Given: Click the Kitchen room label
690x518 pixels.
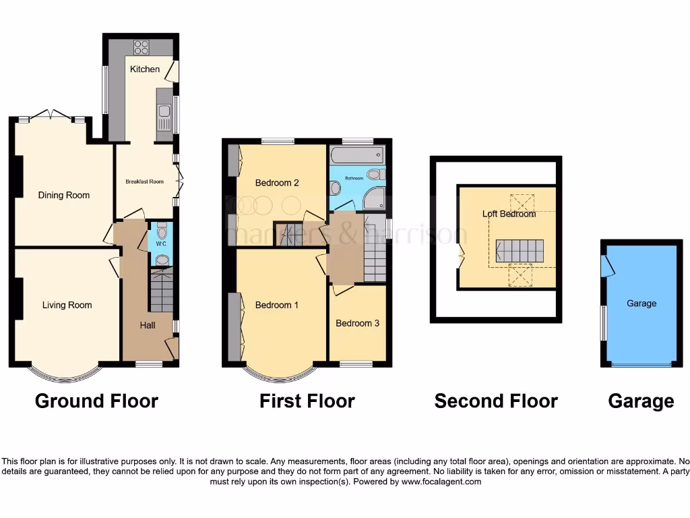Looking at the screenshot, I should click(x=145, y=69).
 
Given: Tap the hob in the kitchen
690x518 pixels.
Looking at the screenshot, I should click(x=142, y=47).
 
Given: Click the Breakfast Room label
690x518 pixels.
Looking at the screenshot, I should click(x=145, y=181).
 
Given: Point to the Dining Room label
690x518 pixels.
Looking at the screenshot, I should click(x=64, y=196).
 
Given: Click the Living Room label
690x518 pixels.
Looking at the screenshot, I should click(x=67, y=306).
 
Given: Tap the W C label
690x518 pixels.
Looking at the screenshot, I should click(x=160, y=243).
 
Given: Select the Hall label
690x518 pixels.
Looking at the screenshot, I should click(x=148, y=325).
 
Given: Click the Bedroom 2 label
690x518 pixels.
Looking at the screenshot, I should click(x=277, y=183).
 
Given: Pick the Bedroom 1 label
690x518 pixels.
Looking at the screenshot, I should click(x=277, y=306).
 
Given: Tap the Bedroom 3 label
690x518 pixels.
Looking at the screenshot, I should click(x=358, y=324).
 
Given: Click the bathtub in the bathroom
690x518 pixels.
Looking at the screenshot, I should click(x=356, y=156).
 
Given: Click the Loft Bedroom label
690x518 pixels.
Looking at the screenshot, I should click(x=509, y=214).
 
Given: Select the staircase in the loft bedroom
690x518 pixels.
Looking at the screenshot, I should click(x=520, y=250).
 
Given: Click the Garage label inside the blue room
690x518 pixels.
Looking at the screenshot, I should click(x=641, y=304).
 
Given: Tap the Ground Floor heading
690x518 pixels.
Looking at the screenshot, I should click(x=96, y=401).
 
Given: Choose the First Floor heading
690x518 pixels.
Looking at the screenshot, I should click(x=307, y=401).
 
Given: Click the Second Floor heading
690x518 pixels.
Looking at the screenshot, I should click(x=496, y=401).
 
